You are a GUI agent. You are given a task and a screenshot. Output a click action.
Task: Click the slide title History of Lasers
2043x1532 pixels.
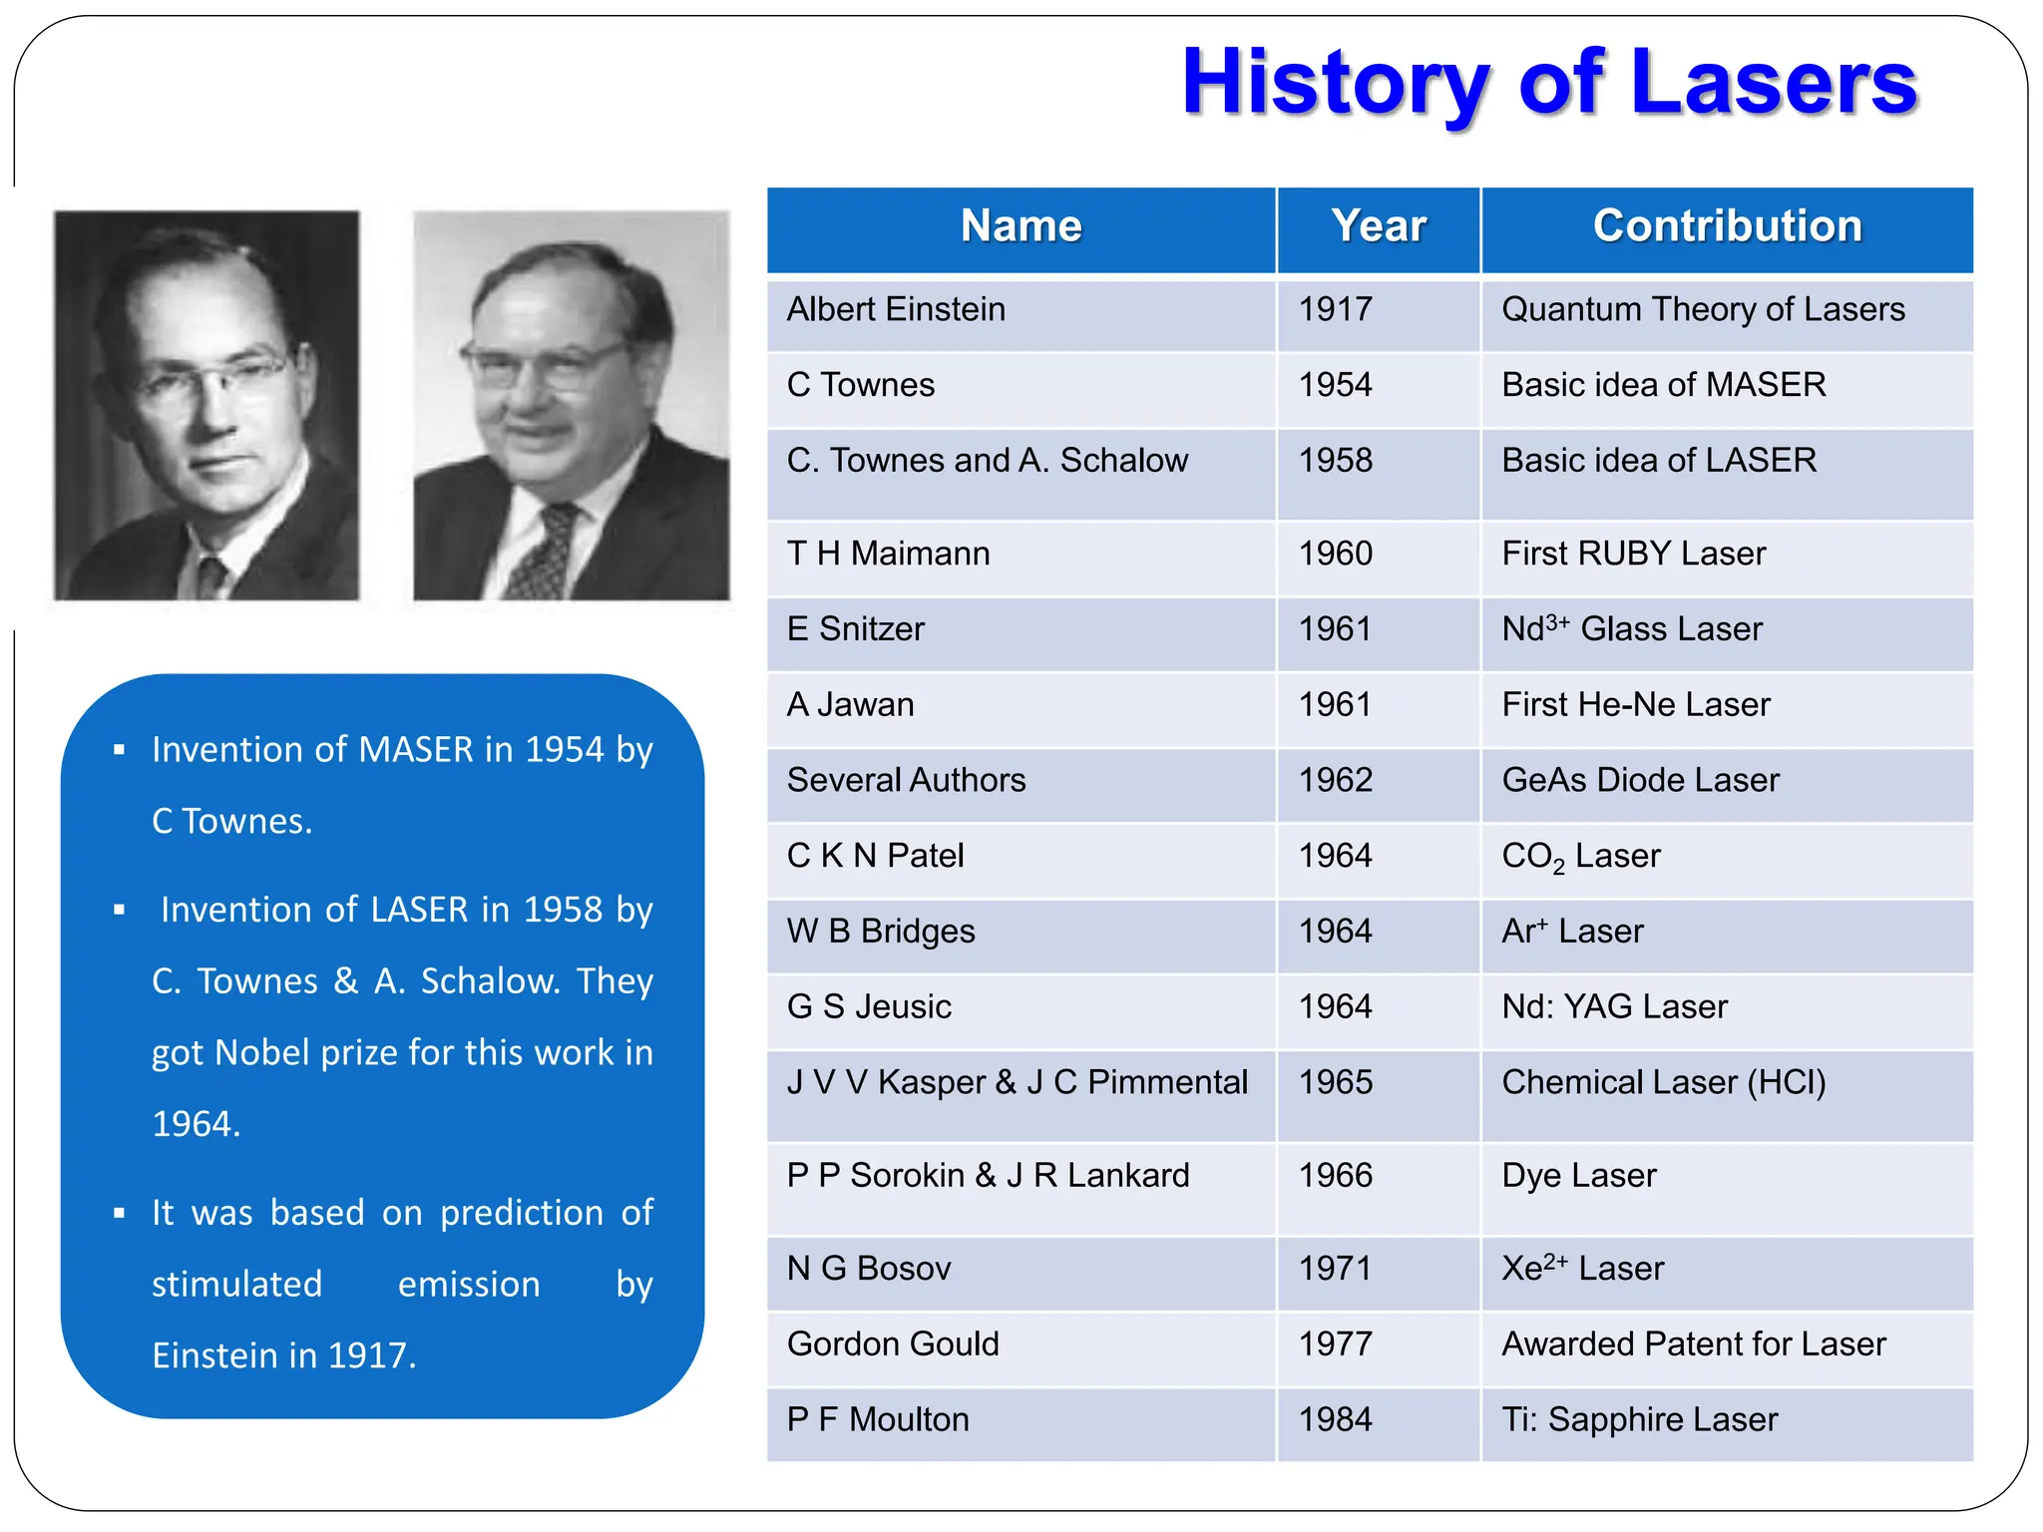[1548, 84]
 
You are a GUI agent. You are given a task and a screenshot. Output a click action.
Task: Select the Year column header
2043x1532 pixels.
[1378, 226]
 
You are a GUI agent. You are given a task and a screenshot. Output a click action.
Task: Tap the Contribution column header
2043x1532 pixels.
[1727, 226]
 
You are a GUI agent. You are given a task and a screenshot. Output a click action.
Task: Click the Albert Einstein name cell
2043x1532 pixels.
[895, 310]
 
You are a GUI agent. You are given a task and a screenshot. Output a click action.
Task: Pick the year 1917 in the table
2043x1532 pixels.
[1335, 310]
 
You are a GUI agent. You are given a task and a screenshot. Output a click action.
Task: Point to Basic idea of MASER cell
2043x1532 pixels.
[1663, 385]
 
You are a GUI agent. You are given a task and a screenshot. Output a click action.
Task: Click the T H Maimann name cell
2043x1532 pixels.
[888, 554]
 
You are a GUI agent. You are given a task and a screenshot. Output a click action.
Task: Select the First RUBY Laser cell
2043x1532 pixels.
[1633, 554]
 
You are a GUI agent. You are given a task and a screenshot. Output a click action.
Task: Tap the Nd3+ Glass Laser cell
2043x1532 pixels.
[1632, 629]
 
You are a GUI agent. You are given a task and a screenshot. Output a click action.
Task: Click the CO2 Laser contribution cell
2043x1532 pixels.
[1581, 857]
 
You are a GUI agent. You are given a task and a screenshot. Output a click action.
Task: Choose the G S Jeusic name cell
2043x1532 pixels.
[869, 1007]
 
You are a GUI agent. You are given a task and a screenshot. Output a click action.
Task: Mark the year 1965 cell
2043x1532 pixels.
[1335, 1083]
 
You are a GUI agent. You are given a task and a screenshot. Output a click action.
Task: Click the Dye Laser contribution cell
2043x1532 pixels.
[1578, 1176]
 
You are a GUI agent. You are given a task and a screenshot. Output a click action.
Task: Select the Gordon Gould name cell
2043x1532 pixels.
[893, 1344]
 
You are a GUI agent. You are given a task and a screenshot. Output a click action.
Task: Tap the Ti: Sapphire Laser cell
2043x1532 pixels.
[1639, 1420]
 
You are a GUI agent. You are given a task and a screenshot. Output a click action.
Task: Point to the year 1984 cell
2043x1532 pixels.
[1335, 1420]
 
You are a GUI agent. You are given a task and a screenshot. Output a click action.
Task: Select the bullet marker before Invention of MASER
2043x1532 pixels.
[120, 750]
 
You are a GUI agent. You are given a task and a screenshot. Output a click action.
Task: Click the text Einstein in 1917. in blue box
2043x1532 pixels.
[283, 1356]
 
